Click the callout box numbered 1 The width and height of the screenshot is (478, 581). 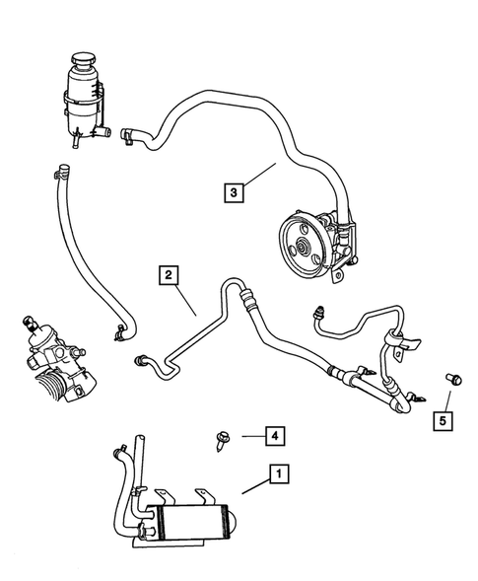281,476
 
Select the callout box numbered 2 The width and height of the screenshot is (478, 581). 169,276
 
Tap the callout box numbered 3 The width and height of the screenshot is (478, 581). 234,193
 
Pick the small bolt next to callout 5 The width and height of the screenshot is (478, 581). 454,378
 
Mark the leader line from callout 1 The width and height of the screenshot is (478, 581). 250,489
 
